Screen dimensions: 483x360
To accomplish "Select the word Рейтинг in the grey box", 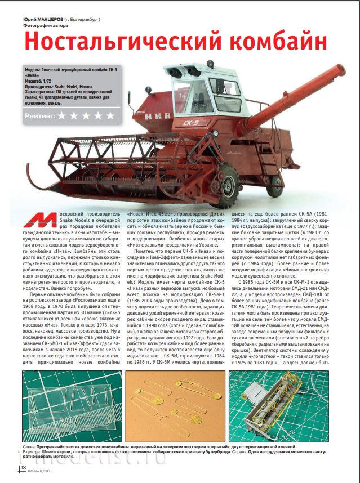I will (x=39, y=115).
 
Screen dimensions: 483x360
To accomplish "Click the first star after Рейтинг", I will (x=63, y=115).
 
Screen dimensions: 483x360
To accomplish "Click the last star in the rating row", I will (x=110, y=115).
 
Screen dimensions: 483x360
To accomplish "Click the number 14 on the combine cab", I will (x=182, y=80).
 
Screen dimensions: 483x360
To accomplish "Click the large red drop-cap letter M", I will (x=43, y=223).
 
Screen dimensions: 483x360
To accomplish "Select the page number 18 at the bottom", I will (x=23, y=467).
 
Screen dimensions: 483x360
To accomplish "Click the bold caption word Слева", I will (x=30, y=446).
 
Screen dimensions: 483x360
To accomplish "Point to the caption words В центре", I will (x=34, y=451).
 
